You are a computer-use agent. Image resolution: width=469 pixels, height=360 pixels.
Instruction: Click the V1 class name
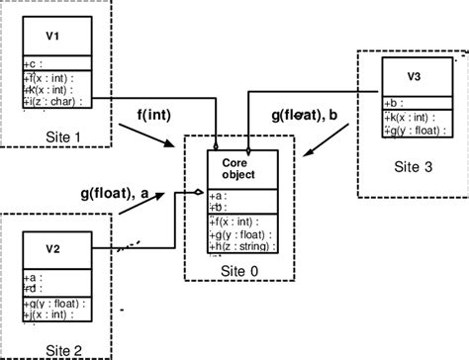[x=52, y=37]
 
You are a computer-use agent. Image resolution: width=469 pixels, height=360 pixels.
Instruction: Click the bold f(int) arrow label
[x=150, y=115]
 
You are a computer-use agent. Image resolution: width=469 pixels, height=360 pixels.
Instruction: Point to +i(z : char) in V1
[x=55, y=100]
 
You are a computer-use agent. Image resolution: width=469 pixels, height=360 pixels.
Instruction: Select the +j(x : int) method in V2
[x=52, y=315]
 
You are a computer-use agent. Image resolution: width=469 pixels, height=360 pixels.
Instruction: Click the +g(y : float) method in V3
[x=413, y=127]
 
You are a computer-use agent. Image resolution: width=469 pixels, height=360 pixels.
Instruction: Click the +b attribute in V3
[x=393, y=102]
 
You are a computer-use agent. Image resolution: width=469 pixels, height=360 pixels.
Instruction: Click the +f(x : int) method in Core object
[x=235, y=223]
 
